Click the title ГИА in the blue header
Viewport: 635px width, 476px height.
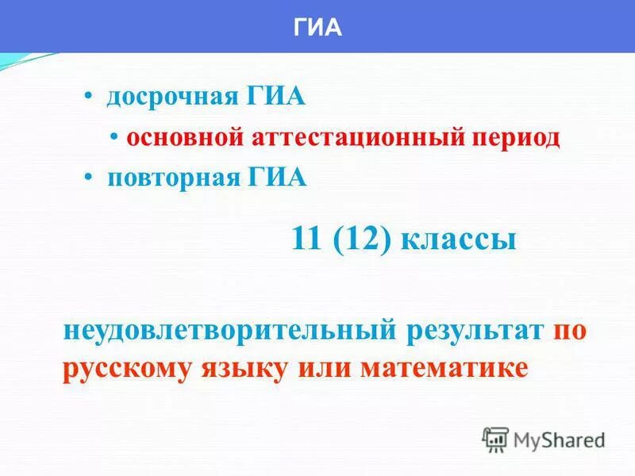click(317, 28)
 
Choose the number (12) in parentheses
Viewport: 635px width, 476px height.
click(363, 239)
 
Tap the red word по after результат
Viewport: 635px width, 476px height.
click(570, 329)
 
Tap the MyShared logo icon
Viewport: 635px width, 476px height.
click(495, 439)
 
